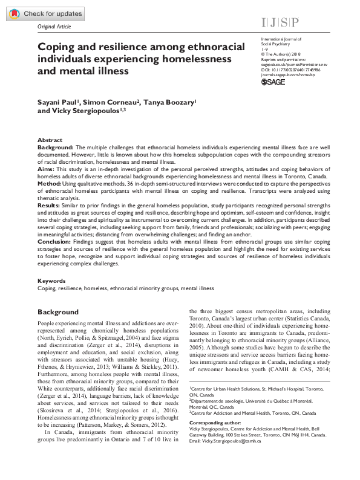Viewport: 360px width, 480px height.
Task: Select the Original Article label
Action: pos(54,28)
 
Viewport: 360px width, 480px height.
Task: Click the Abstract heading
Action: pos(50,140)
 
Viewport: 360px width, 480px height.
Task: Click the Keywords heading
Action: pos(51,281)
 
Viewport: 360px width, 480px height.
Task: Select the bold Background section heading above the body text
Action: pos(58,312)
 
